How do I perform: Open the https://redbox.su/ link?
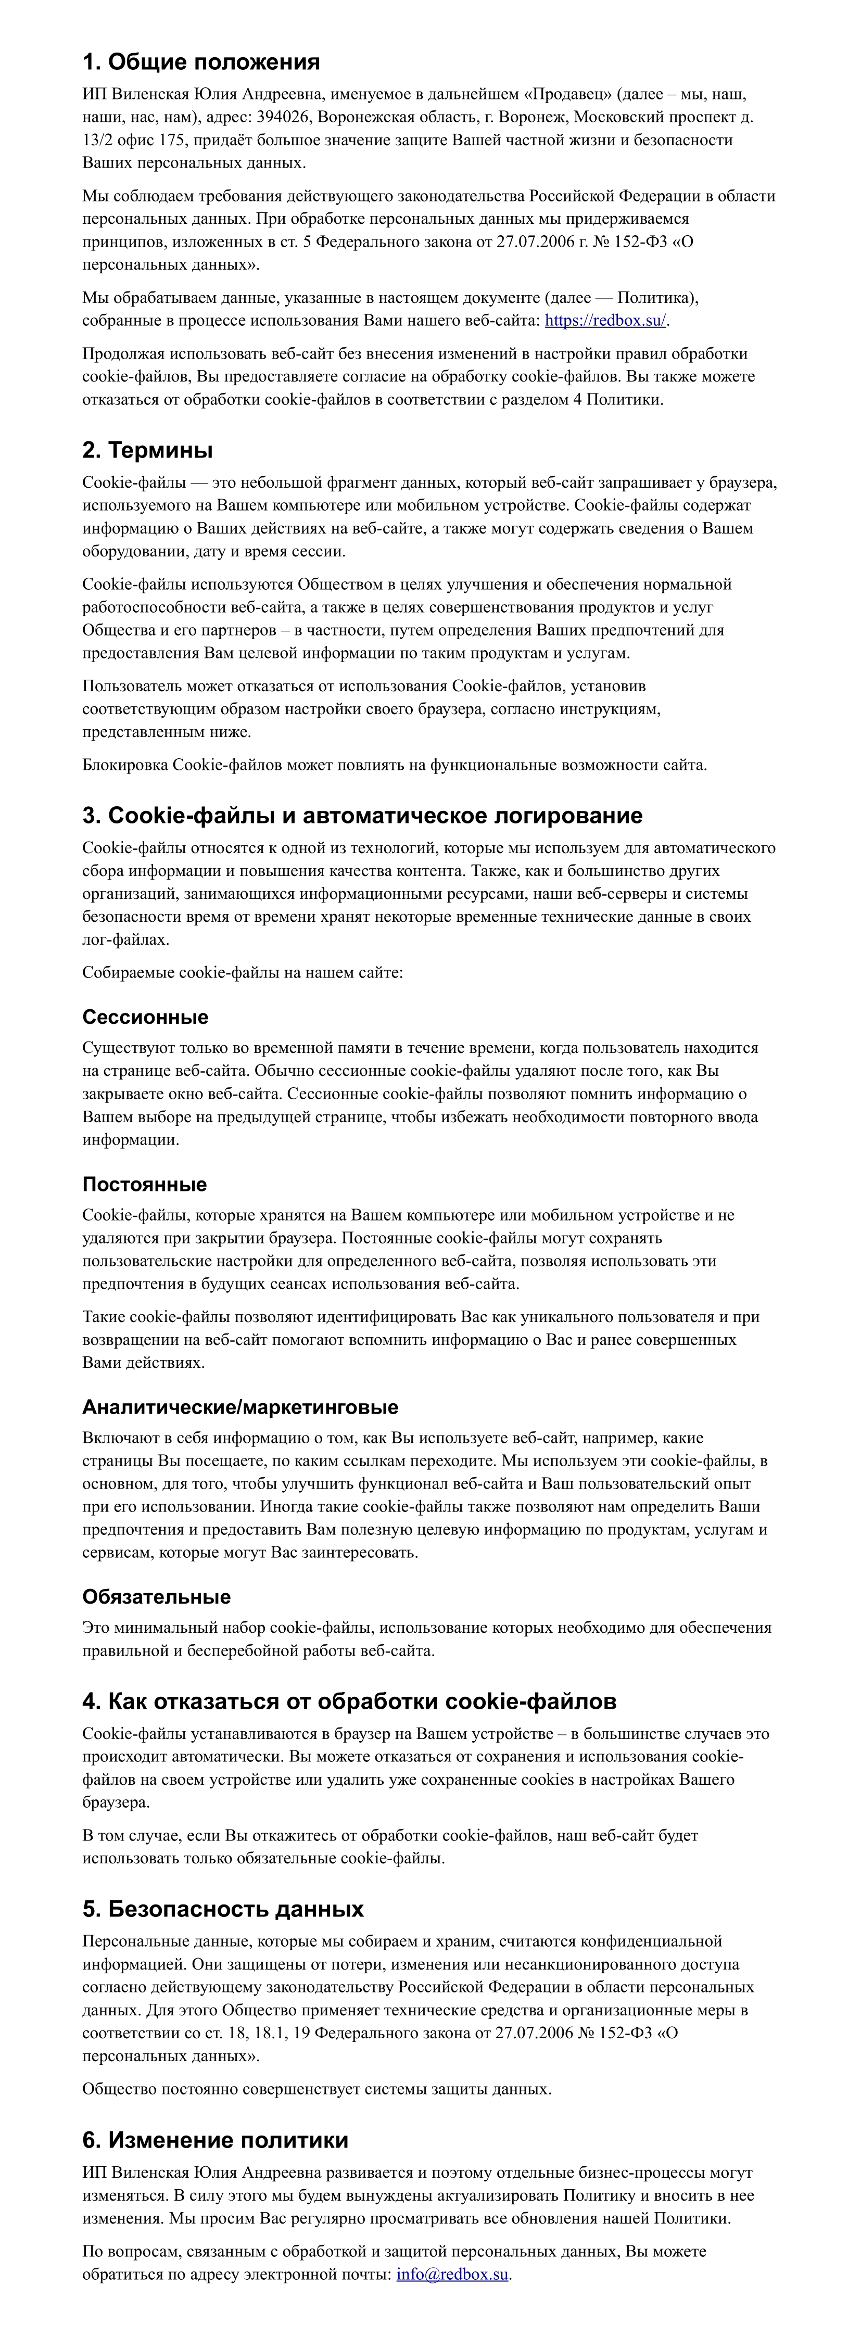click(605, 320)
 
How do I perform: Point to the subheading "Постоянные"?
click(144, 1184)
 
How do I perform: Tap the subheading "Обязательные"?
click(156, 1597)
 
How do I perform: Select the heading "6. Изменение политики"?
click(215, 2140)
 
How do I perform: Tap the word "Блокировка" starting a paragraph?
click(125, 765)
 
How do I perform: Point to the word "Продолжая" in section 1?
click(123, 354)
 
